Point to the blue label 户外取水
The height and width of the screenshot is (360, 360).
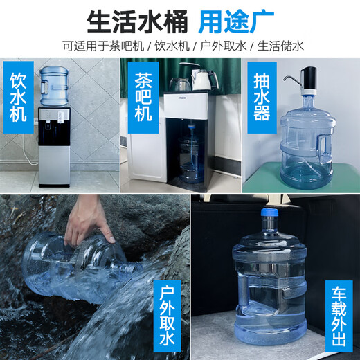coord(165,316)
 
